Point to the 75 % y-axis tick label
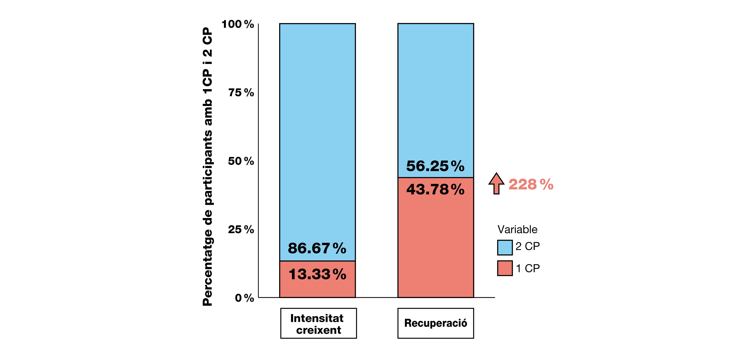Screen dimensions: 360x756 pos(241,93)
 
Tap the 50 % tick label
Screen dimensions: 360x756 pos(241,161)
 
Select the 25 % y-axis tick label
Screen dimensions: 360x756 pos(241,229)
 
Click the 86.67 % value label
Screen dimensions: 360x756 pos(317,248)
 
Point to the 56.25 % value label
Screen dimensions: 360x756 pos(435,166)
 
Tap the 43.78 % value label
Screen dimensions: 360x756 pos(435,189)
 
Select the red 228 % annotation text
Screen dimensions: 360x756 pos(531,185)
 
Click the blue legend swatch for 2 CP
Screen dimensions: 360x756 pos(505,247)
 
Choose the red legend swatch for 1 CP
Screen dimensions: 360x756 pos(505,268)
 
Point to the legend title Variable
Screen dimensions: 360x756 pos(517,229)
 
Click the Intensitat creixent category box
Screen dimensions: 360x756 pos(318,323)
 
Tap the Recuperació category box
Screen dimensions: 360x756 pos(435,323)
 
